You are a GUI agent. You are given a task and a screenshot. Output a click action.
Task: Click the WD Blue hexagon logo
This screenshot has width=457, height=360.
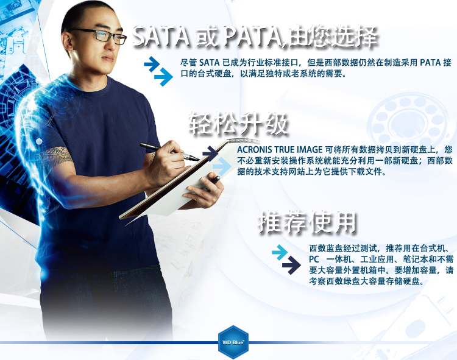coord(233,342)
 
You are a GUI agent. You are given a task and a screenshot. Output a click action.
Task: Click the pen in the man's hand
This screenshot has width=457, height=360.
coord(169,152)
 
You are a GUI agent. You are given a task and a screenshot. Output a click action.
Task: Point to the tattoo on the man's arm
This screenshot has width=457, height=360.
coord(56,157)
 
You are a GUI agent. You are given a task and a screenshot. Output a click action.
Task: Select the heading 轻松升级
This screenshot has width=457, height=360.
coord(238,124)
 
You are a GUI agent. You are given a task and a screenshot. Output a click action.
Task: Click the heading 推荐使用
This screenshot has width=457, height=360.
coord(307,222)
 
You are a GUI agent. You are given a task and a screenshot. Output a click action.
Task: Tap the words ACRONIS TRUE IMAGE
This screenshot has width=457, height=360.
coord(280,149)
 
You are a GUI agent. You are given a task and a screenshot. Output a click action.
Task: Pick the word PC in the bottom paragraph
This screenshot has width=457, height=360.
coord(314,259)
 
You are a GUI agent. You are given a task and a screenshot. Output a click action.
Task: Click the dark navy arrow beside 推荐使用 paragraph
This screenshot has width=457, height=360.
coord(291,265)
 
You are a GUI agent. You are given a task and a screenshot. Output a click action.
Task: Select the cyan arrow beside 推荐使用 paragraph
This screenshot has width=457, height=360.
coord(280,252)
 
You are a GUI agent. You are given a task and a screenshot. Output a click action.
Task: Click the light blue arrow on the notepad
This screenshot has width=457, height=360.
coord(222,167)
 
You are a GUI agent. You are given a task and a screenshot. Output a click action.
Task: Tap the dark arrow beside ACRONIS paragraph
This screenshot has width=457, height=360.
coord(210,153)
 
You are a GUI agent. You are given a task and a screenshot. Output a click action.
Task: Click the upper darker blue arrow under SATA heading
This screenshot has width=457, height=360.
coord(152,64)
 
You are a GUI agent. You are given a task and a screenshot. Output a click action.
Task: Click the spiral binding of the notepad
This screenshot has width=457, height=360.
coord(243,141)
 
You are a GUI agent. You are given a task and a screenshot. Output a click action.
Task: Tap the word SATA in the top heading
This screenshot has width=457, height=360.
coord(161,37)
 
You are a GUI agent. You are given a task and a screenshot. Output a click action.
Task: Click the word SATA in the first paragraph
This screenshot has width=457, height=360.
coord(209,62)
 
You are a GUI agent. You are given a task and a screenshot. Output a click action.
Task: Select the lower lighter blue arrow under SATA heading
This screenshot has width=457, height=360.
coord(163,77)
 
